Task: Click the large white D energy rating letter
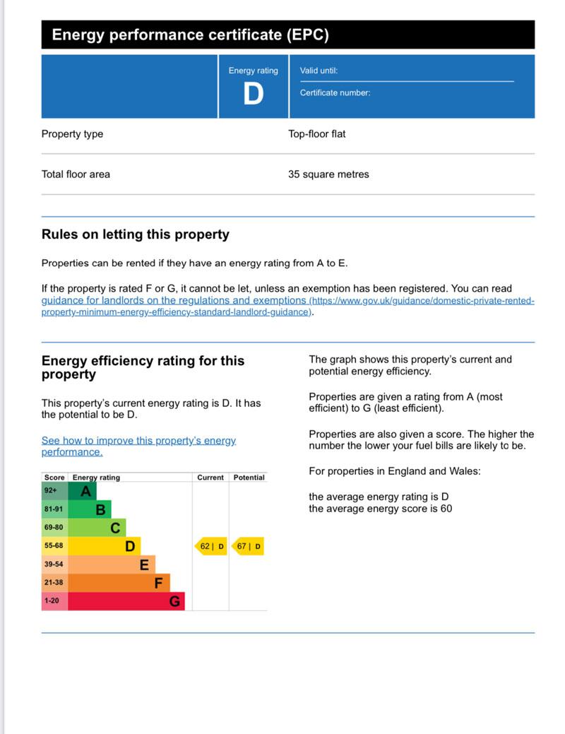[253, 94]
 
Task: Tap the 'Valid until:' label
[319, 71]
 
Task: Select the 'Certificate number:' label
[335, 93]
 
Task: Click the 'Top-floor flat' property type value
[317, 134]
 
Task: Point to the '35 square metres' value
[328, 174]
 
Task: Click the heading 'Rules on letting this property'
[136, 235]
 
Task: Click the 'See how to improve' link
[138, 446]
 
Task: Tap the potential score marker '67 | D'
[248, 546]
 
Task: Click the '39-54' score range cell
[54, 564]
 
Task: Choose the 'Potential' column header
[249, 478]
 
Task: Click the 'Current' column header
[210, 478]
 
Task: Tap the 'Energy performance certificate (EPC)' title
[190, 35]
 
